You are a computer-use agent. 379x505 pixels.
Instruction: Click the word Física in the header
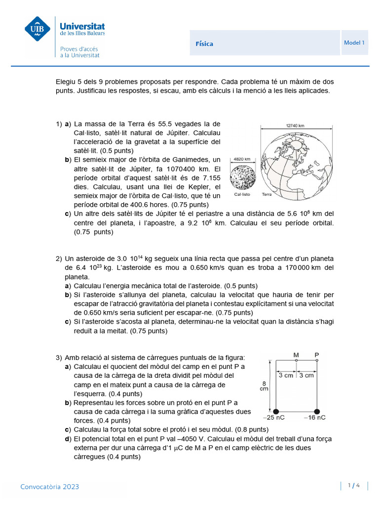click(x=204, y=44)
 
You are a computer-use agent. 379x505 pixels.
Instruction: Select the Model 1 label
click(x=354, y=43)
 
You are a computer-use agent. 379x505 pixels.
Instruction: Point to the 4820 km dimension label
click(x=242, y=159)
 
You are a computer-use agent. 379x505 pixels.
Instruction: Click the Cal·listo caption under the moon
click(x=242, y=194)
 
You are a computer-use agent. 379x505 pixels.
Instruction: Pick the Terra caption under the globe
click(x=267, y=194)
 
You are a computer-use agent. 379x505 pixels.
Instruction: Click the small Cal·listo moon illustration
click(x=242, y=178)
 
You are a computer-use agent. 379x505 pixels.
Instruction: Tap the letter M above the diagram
click(x=296, y=355)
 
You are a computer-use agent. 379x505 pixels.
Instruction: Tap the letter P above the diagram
click(x=317, y=355)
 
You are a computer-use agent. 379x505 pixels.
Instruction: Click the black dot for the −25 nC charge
click(x=276, y=411)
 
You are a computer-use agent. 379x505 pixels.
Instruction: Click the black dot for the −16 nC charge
click(x=317, y=411)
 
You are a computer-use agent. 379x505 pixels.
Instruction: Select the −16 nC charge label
click(x=314, y=418)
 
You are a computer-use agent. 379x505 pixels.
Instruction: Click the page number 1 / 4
click(x=354, y=486)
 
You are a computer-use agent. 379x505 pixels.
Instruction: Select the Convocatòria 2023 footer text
click(x=49, y=487)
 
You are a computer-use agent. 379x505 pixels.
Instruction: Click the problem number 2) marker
click(x=59, y=258)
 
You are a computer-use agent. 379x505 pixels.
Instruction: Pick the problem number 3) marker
click(x=59, y=358)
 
